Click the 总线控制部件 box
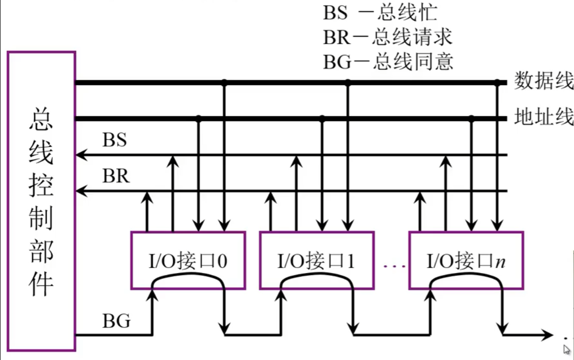[x=41, y=201]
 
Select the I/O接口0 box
[x=188, y=260]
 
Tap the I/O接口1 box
[x=317, y=260]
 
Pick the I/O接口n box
[x=465, y=260]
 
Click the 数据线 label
[x=544, y=81]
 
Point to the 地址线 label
[x=544, y=118]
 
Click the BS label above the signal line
[x=115, y=140]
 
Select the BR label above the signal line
[x=116, y=176]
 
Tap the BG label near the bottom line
[x=117, y=321]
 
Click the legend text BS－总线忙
[x=380, y=12]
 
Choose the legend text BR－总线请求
[x=388, y=37]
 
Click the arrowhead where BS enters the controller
[x=80, y=156]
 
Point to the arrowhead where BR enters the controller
[x=80, y=190]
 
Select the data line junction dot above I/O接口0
[x=224, y=83]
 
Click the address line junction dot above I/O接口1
[x=322, y=119]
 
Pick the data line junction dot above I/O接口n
[x=497, y=83]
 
